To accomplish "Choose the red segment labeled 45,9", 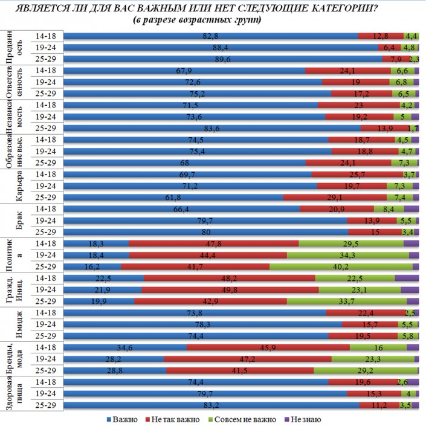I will coord(268,347).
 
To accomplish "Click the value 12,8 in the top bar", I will coord(381,36).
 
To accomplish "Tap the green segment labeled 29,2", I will coord(366,370).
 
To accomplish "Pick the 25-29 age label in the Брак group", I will coord(46,232).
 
